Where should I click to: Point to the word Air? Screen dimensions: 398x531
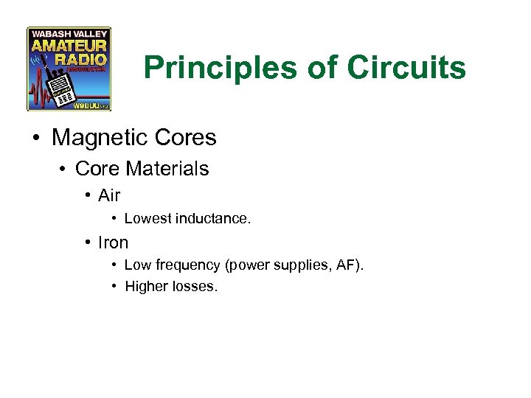point(109,196)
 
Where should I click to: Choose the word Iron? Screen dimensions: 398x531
point(113,242)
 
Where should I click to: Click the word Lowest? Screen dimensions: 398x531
point(147,219)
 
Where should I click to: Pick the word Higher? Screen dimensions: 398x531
point(146,287)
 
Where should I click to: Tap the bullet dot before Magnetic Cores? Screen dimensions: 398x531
point(35,139)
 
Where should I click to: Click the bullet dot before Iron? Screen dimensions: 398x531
point(88,242)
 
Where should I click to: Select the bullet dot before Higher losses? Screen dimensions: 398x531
point(114,287)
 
